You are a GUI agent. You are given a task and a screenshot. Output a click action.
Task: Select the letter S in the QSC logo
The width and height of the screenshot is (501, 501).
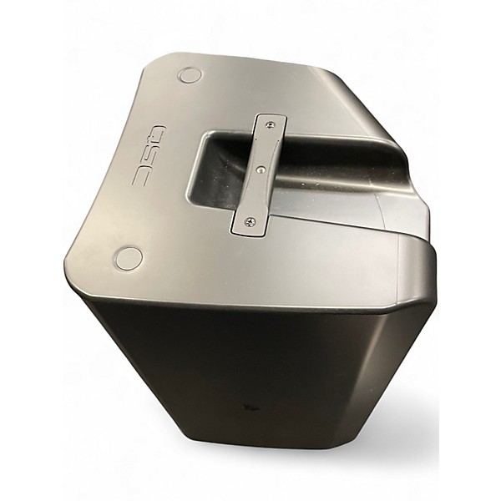pyautogui.click(x=153, y=156)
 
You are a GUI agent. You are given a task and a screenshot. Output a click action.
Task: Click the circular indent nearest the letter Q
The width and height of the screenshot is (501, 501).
pyautogui.click(x=190, y=75)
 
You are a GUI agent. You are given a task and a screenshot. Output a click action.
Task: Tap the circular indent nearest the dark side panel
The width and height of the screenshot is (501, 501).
pyautogui.click(x=129, y=258)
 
